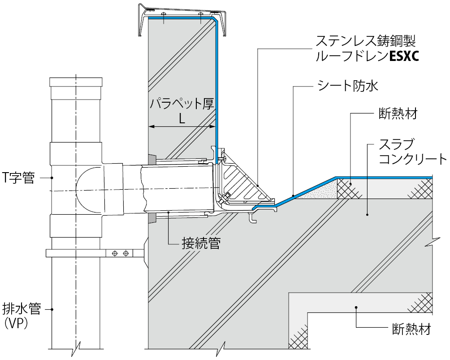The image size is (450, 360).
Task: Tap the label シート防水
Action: click(347, 86)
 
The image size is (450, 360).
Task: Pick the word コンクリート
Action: click(412, 159)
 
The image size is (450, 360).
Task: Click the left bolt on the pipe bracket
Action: click(115, 254)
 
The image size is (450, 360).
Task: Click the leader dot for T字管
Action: click(52, 178)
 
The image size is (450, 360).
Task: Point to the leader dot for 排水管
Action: click(52, 309)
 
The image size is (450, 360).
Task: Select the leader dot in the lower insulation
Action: click(356, 308)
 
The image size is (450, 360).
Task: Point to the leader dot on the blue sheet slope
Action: click(293, 196)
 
